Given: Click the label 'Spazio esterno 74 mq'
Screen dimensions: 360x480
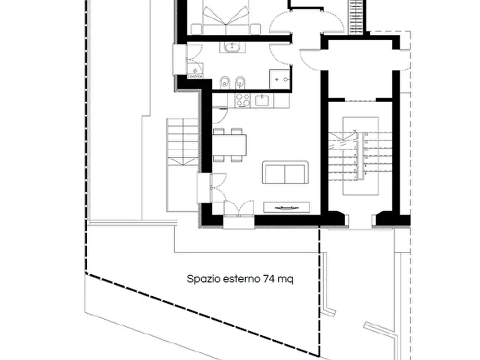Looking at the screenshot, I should pos(240,279).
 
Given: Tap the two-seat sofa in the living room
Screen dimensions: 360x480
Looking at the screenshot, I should pos(285,172).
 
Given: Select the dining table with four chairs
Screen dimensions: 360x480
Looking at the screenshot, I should pos(230,144).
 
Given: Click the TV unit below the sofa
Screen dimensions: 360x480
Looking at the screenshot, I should pos(286,207).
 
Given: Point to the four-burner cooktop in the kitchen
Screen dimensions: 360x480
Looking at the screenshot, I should pos(242,100).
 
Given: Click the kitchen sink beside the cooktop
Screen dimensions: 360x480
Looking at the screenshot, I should pos(263,100).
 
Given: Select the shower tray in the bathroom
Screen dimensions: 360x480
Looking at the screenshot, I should pos(280,78).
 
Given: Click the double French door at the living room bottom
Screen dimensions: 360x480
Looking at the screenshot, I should pos(238,209).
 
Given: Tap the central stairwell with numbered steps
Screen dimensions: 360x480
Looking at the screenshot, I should pos(360,155).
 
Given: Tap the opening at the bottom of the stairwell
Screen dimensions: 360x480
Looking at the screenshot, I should pos(361,219).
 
